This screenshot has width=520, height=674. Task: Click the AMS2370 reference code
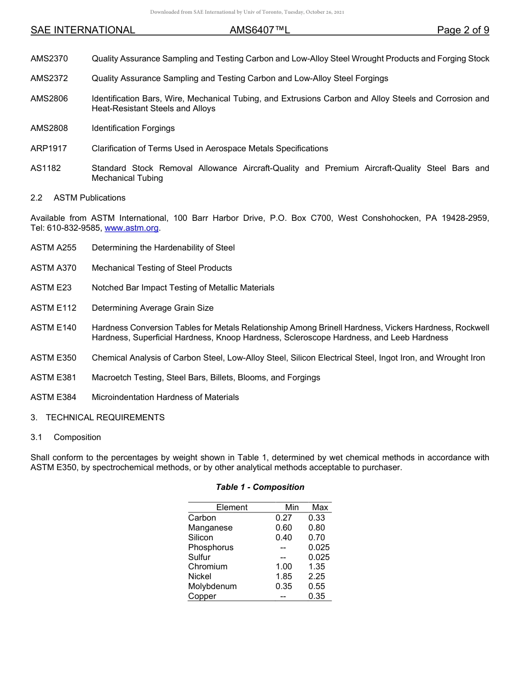pyautogui.click(x=49, y=59)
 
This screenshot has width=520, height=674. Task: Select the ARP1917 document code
pyautogui.click(x=49, y=148)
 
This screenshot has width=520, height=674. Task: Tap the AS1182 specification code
pyautogui.click(x=46, y=168)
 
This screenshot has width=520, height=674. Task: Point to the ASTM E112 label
pyautogui.click(x=54, y=308)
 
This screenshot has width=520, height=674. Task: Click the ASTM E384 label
pyautogui.click(x=54, y=397)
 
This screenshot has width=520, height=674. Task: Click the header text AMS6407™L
pyautogui.click(x=259, y=30)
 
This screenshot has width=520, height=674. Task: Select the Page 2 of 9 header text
pyautogui.click(x=463, y=30)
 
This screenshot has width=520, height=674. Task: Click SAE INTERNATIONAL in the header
pyautogui.click(x=83, y=30)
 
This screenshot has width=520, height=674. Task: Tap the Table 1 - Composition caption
pyautogui.click(x=260, y=487)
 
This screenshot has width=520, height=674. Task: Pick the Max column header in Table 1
pyautogui.click(x=320, y=507)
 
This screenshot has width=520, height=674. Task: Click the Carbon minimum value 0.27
pyautogui.click(x=284, y=518)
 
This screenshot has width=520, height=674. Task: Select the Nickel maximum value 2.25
pyautogui.click(x=316, y=576)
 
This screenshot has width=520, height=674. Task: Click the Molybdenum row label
pyautogui.click(x=212, y=586)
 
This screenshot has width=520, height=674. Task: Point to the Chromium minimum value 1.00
pyautogui.click(x=284, y=567)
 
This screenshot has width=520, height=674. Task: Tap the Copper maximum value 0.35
pyautogui.click(x=316, y=596)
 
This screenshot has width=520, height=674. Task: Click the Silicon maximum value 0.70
pyautogui.click(x=316, y=538)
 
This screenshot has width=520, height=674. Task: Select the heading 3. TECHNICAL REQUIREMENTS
pyautogui.click(x=97, y=418)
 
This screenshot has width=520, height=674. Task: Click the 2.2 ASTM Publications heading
pyautogui.click(x=78, y=198)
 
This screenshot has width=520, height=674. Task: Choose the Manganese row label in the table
pyautogui.click(x=210, y=528)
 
